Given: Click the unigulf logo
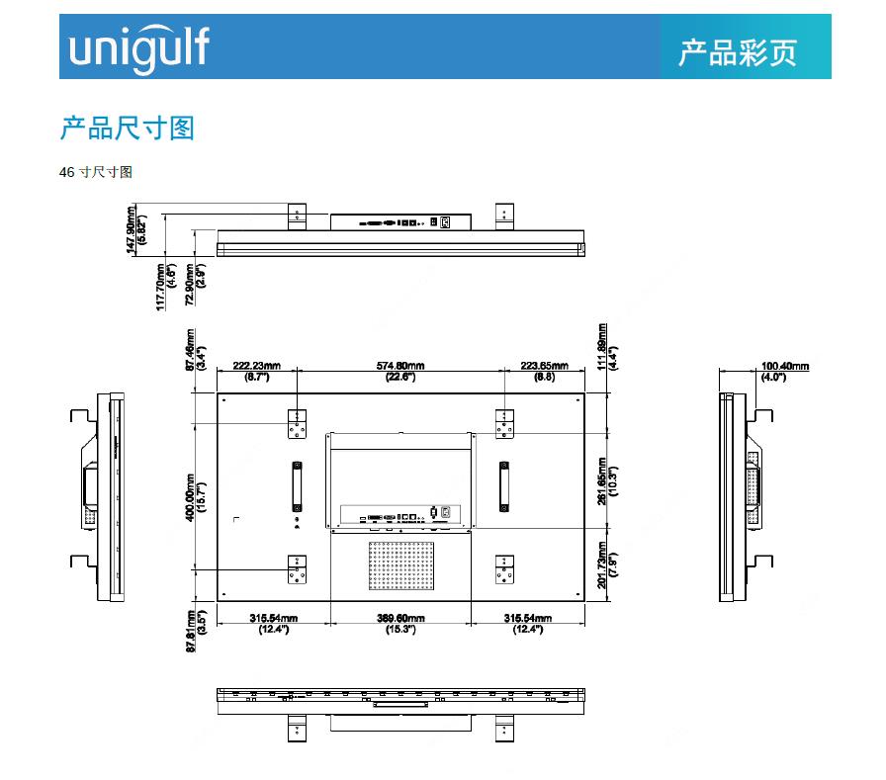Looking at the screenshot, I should coord(138,47).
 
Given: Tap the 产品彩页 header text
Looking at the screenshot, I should coord(737,52).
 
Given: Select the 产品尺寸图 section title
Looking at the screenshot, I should coord(128,129).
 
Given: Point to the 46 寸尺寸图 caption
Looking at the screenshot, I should coord(96,172).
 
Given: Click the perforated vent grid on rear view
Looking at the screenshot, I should coord(401,564).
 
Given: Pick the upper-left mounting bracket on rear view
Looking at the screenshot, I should coord(297,426).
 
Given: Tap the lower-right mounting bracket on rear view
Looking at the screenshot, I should coord(505,569).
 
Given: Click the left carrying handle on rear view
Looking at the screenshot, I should coord(297,485).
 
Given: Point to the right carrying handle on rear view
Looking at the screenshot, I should coord(505,485).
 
